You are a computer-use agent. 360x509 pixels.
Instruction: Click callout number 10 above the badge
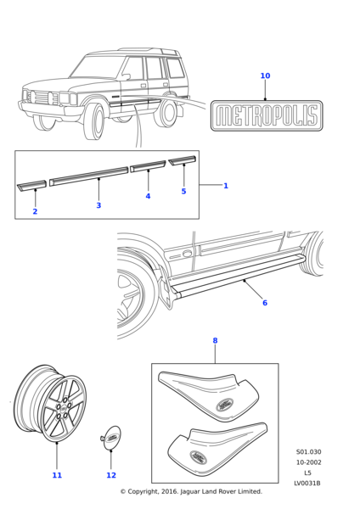tap(265, 76)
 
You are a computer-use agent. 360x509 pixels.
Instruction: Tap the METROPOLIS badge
tap(267, 115)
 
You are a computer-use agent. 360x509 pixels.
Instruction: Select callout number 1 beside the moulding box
tap(226, 186)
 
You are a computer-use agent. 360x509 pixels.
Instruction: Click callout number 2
tap(35, 211)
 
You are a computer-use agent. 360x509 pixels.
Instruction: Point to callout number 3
tap(98, 205)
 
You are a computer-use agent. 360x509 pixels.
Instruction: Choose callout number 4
tap(148, 196)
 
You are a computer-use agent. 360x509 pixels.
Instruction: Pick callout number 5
tap(183, 192)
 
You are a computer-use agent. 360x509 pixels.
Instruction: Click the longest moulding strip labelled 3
tap(88, 176)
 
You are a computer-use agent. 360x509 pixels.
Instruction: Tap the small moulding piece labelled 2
tap(31, 185)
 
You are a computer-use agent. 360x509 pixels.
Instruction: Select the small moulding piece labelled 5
tap(183, 160)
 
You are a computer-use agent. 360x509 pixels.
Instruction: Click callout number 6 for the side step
tap(265, 303)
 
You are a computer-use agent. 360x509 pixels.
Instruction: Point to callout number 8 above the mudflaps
tap(215, 340)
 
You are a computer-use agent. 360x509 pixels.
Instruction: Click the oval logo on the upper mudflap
tap(225, 405)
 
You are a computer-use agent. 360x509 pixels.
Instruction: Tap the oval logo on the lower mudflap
tap(199, 457)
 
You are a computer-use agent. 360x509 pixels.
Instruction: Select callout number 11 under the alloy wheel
tap(57, 475)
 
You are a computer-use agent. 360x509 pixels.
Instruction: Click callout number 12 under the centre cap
tap(111, 475)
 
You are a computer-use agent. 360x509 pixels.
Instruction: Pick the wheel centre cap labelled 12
tap(110, 439)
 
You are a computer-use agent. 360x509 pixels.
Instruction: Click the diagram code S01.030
tap(308, 452)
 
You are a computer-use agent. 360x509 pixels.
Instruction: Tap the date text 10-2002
tap(308, 462)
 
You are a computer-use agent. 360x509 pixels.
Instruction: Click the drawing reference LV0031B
tap(307, 484)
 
